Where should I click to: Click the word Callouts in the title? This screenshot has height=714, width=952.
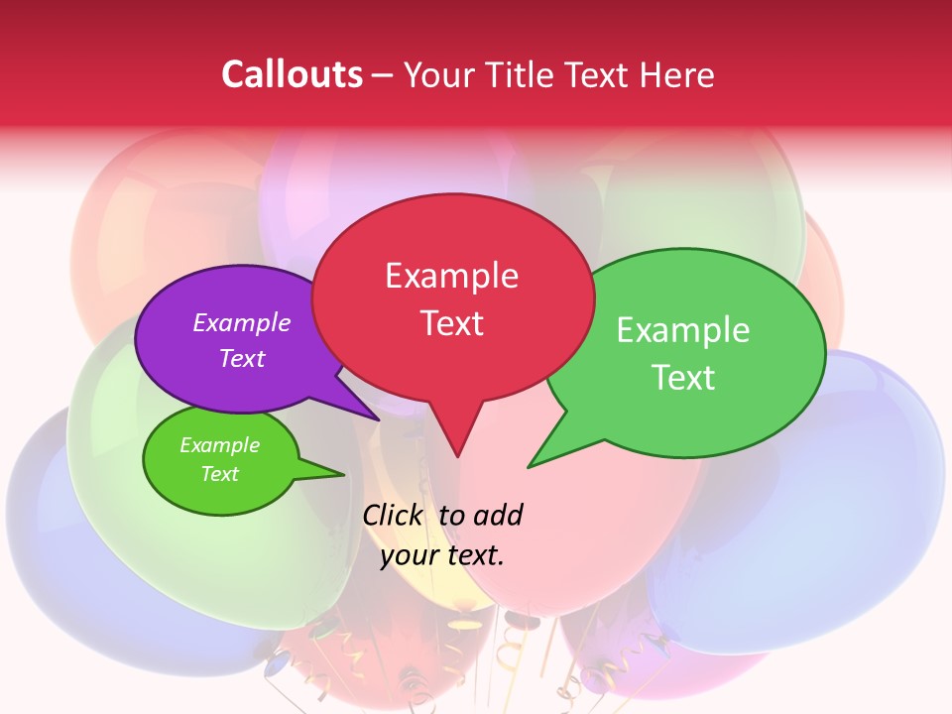click(x=292, y=74)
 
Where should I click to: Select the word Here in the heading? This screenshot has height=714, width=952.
click(x=676, y=74)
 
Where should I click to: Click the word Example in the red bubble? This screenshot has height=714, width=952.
click(x=451, y=276)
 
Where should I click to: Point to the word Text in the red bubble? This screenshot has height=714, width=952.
click(x=451, y=323)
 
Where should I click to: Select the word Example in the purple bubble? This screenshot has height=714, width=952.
click(x=241, y=323)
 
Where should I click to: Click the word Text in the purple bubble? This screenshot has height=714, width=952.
click(x=242, y=359)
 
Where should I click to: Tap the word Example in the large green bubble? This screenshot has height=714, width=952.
click(x=682, y=330)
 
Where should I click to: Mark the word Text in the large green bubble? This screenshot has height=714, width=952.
click(x=683, y=378)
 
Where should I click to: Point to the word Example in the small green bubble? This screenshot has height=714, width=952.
click(x=219, y=445)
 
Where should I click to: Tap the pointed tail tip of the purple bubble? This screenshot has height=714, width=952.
click(x=379, y=419)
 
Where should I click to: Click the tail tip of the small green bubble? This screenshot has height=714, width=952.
click(x=343, y=474)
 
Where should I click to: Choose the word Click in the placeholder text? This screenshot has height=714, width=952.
click(x=393, y=516)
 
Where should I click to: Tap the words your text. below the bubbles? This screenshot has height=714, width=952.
click(x=442, y=555)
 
